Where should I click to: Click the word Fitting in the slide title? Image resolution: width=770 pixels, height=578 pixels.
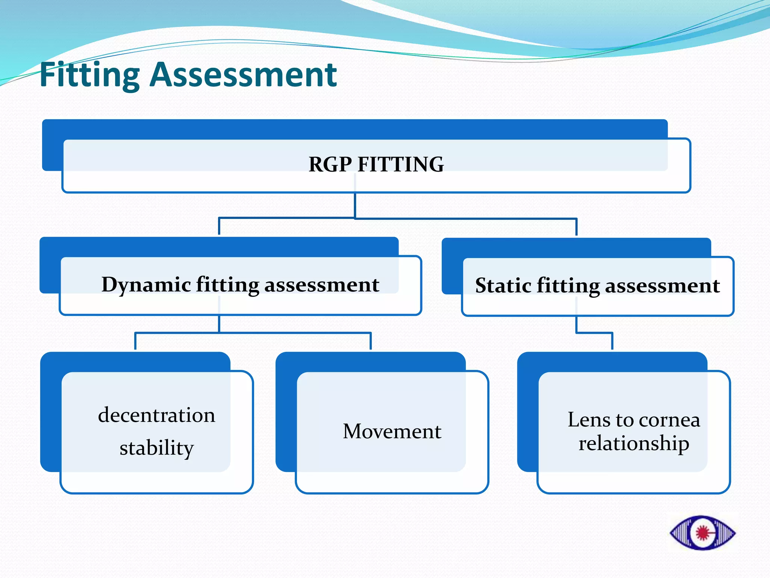89,75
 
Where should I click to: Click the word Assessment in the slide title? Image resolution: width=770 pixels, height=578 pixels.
243,75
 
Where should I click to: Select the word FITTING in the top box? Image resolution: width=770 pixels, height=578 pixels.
400,164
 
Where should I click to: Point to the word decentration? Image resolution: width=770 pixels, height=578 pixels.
156,415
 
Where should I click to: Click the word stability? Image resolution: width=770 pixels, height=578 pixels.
156,448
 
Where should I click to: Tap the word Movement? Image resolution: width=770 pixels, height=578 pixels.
392,431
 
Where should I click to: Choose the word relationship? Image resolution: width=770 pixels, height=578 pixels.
634,443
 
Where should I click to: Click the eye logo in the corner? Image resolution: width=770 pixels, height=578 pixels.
702,533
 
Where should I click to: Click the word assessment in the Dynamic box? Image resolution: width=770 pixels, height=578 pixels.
321,284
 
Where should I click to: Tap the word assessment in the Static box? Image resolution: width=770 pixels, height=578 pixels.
662,286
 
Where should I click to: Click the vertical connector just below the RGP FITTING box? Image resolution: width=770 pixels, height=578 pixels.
355,205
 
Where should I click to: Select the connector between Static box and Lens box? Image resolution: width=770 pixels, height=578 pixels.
594,333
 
